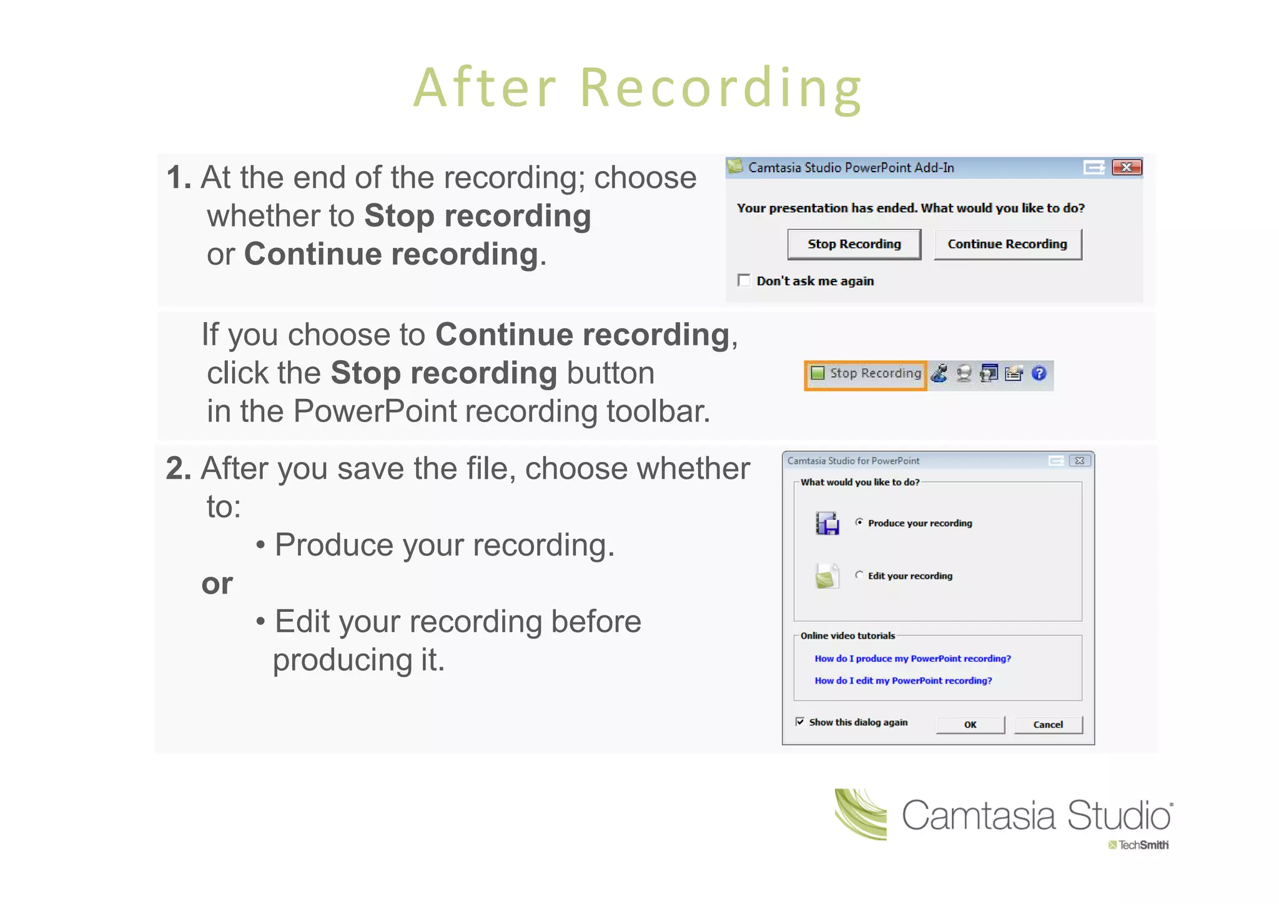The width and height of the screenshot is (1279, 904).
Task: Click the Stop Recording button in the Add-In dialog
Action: [x=854, y=244]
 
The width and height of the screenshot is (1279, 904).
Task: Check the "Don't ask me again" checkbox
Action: [x=744, y=280]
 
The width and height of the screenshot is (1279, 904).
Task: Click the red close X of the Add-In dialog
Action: [x=1127, y=167]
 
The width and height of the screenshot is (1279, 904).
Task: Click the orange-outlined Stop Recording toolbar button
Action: [x=866, y=374]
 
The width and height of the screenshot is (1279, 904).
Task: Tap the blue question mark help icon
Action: [x=1039, y=373]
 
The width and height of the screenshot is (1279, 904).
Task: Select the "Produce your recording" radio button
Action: [x=860, y=523]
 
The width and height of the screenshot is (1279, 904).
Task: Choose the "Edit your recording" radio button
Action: [x=860, y=575]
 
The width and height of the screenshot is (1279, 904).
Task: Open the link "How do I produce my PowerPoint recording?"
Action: [x=912, y=659]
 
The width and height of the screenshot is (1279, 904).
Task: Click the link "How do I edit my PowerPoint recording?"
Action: [x=903, y=680]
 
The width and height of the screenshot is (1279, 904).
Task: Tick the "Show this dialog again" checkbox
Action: [x=800, y=722]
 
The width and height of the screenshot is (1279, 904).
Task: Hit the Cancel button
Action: [x=1048, y=725]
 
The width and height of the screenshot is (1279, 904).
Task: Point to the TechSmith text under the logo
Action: [x=1143, y=845]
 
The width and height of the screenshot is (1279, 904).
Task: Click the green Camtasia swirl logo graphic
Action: [x=861, y=814]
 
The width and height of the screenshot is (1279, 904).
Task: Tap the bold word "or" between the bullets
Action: [x=217, y=584]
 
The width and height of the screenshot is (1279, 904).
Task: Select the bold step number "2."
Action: [x=179, y=468]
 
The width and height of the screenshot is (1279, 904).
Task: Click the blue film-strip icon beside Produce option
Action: [x=827, y=523]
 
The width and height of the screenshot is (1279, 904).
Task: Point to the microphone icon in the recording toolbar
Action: [x=939, y=373]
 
